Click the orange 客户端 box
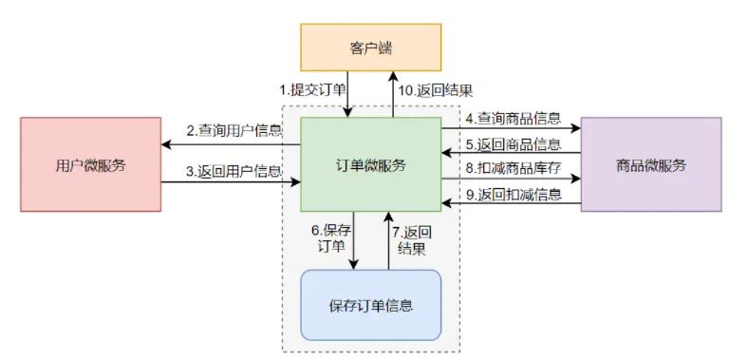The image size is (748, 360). [370, 46]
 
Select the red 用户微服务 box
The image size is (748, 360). [90, 164]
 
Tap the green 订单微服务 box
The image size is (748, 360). [370, 164]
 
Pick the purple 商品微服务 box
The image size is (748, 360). [650, 164]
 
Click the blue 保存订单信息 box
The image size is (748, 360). [370, 305]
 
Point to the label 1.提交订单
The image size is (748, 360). [310, 90]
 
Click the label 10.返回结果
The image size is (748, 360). [437, 90]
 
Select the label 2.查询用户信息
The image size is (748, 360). [233, 130]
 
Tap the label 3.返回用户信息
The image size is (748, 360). [233, 171]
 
